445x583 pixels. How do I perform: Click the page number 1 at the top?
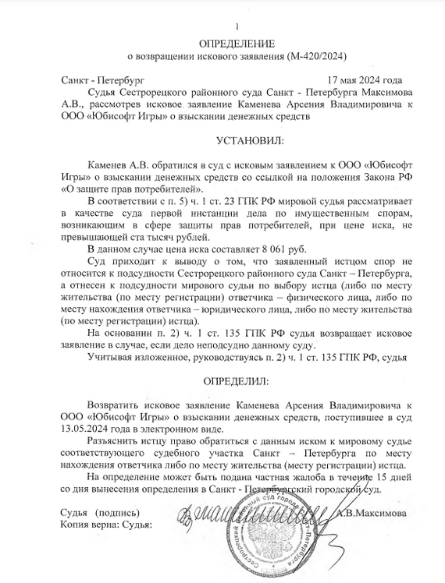point(222,28)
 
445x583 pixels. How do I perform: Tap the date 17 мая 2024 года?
point(365,80)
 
